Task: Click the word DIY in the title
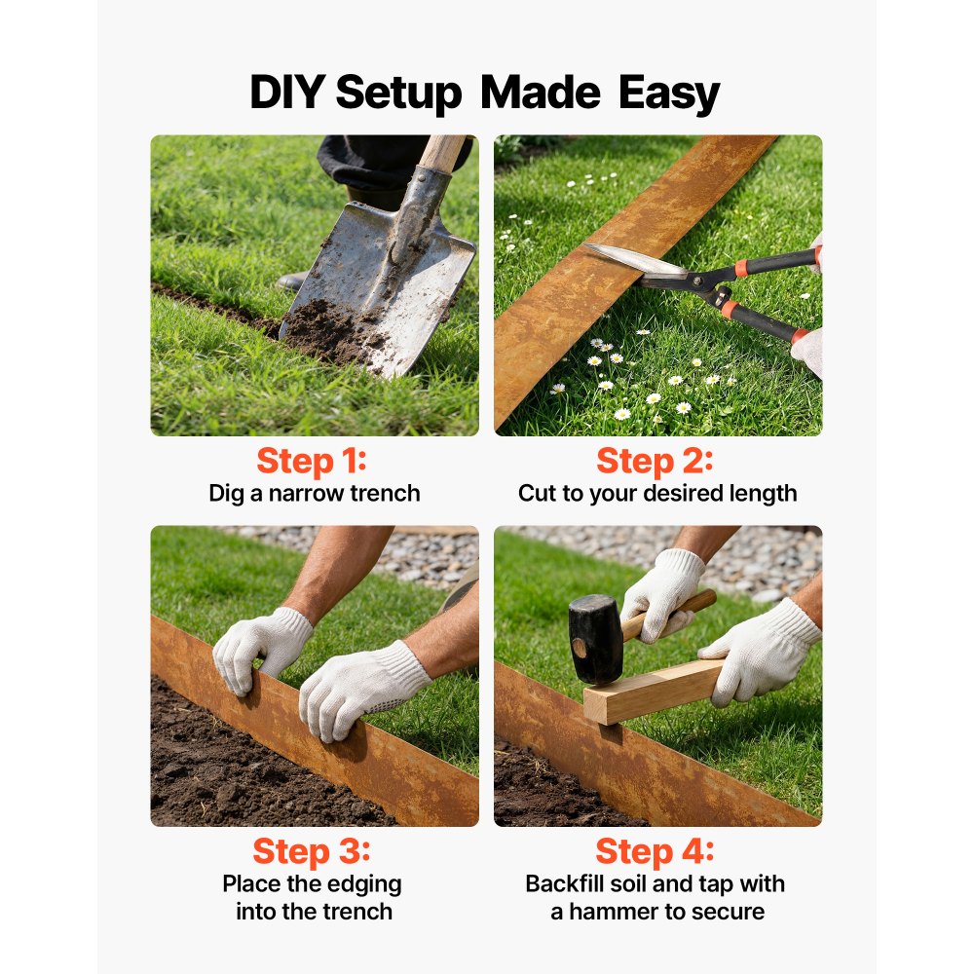(286, 92)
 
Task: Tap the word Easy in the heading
(669, 94)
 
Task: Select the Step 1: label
(312, 461)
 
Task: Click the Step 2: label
(655, 461)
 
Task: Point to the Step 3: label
(312, 851)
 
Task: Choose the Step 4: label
(655, 851)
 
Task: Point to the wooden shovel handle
(441, 152)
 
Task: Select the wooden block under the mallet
(654, 692)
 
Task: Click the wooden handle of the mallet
(668, 615)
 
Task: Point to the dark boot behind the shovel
(292, 281)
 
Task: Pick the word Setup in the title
(398, 94)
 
